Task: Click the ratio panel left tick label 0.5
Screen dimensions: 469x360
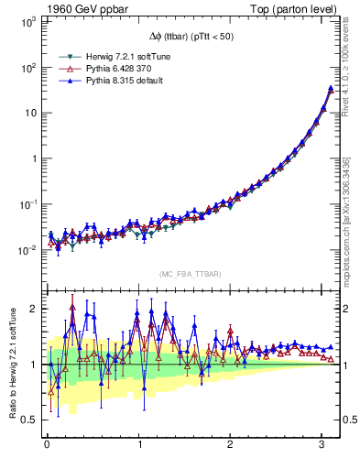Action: pos(29,420)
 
